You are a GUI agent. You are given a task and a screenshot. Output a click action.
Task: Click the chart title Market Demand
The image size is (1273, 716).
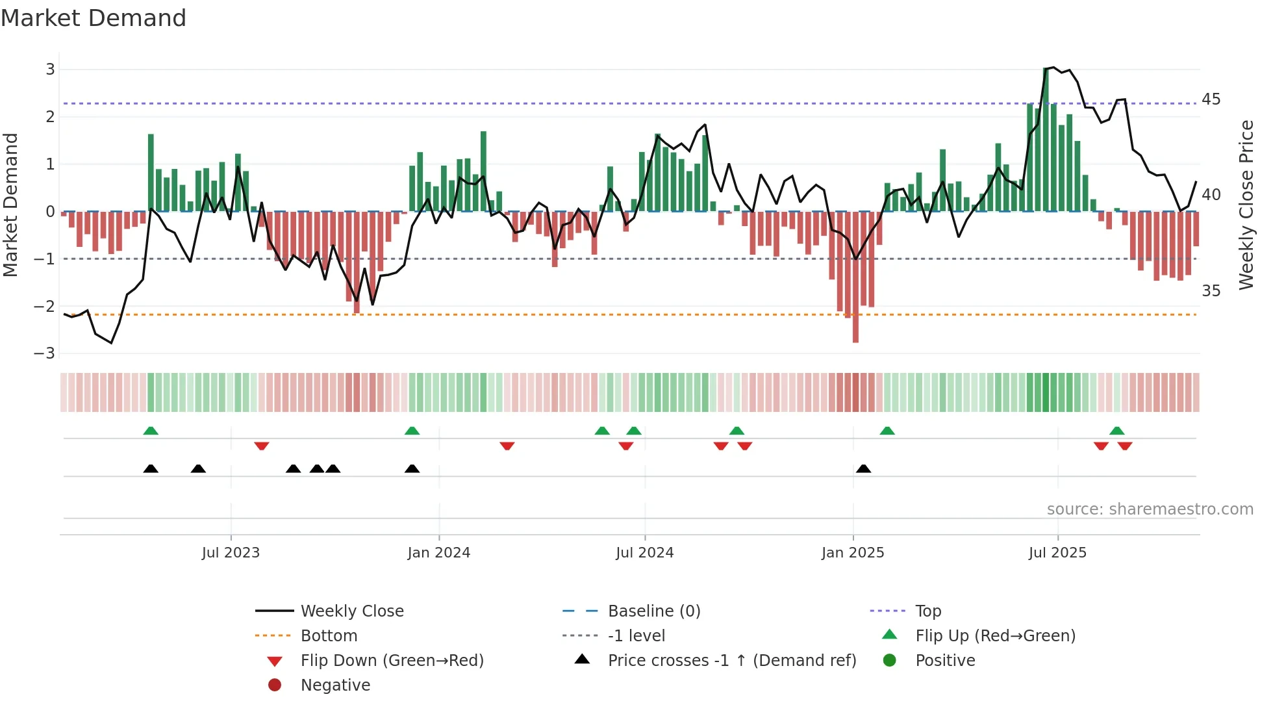click(x=94, y=18)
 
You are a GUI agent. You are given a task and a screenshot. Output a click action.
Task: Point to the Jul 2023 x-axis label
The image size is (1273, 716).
click(x=231, y=553)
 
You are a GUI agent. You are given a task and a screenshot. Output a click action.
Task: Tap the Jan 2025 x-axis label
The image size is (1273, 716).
click(x=852, y=553)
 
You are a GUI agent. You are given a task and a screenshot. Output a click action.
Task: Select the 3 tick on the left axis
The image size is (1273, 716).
click(x=50, y=70)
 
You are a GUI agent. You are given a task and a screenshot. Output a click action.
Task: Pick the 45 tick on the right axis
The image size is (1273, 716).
click(x=1211, y=99)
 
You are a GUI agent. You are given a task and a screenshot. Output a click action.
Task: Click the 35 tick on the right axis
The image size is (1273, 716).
click(x=1211, y=290)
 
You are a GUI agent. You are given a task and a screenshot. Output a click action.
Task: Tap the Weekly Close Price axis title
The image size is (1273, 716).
click(x=1246, y=205)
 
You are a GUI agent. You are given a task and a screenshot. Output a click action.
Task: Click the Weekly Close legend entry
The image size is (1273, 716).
click(x=351, y=611)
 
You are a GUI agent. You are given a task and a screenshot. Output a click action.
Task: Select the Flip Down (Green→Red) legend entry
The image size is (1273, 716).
click(x=392, y=661)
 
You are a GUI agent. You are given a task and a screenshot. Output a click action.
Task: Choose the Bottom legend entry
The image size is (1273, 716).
click(x=329, y=636)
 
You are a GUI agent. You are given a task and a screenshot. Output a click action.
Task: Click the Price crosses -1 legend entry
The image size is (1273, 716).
click(x=731, y=661)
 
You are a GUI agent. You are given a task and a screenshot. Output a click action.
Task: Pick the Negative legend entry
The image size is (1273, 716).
click(x=335, y=685)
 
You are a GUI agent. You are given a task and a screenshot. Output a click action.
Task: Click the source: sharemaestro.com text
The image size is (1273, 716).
click(x=1150, y=509)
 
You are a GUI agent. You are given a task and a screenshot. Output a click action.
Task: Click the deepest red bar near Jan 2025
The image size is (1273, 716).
click(x=855, y=276)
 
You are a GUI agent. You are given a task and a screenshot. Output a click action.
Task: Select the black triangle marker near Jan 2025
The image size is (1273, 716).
click(x=863, y=469)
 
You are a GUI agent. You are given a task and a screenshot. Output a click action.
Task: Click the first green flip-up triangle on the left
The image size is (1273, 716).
click(x=151, y=431)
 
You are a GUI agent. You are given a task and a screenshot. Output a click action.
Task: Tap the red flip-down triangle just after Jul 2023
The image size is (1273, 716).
click(x=262, y=446)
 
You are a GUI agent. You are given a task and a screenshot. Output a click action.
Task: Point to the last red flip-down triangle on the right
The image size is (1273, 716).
click(x=1125, y=446)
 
